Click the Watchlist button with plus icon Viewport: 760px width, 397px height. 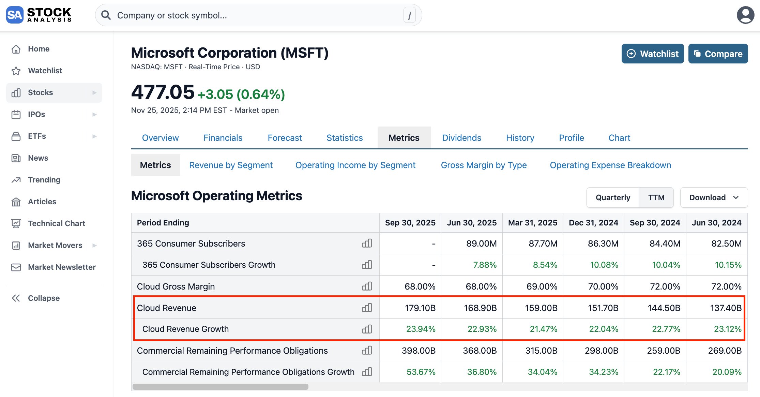point(652,54)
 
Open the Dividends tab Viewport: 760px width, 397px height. point(461,138)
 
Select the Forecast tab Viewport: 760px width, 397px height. point(285,138)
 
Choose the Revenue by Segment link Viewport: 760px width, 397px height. point(231,165)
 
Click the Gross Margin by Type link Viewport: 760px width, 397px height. point(484,165)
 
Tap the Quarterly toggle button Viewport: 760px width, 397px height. point(613,197)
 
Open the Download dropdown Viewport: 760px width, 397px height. point(714,197)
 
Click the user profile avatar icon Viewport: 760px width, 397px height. point(745,15)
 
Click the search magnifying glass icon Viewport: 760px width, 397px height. point(106,15)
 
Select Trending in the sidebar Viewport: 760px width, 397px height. point(44,180)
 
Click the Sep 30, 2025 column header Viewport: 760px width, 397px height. point(410,223)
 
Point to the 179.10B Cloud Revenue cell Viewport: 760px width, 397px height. point(420,308)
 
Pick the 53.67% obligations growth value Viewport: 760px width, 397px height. point(421,372)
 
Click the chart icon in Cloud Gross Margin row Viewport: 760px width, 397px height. point(367,286)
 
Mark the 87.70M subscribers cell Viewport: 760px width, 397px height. point(543,244)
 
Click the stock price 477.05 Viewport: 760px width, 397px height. point(163,92)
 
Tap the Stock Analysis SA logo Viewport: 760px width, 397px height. point(15,15)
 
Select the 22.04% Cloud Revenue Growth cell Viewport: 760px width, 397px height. point(604,329)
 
